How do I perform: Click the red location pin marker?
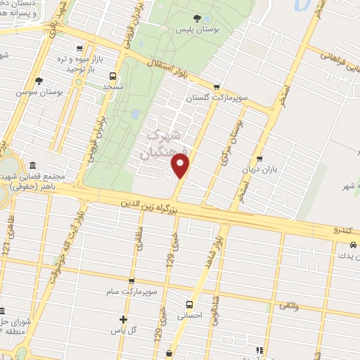(x=181, y=166)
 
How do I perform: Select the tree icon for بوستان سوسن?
(x=39, y=81)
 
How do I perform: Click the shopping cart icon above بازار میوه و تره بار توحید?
(x=79, y=49)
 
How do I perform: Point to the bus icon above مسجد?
(x=112, y=76)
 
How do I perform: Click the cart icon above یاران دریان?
(x=259, y=159)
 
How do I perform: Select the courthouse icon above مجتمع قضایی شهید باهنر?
(x=34, y=165)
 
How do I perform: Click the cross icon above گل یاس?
(x=124, y=319)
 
